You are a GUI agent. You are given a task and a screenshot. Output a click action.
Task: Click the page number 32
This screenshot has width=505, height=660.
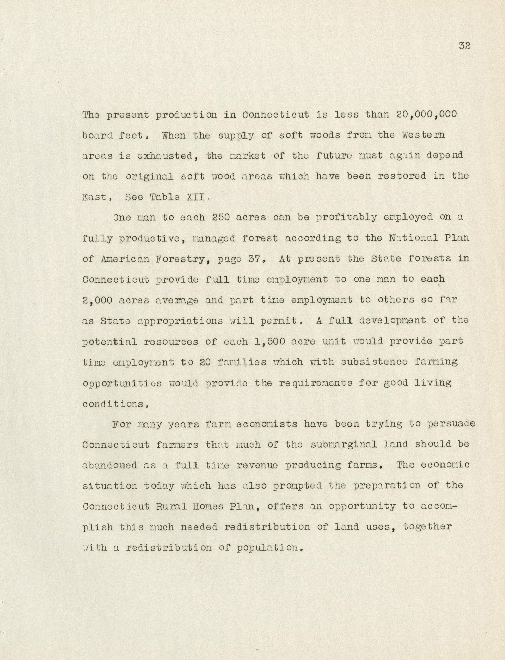coord(464,46)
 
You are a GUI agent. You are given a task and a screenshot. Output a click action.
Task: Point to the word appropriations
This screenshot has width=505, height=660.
coord(180,321)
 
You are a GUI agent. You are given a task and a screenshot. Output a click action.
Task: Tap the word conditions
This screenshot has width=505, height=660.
coord(115,404)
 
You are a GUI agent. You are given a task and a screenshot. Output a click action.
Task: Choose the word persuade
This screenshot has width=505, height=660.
coord(451,424)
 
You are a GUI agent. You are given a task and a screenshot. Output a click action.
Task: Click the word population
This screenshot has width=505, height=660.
coord(268,548)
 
